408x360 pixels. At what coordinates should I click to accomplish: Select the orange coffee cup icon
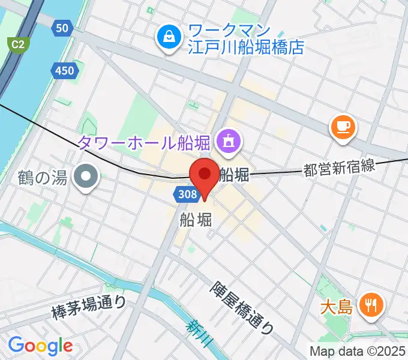pyautogui.click(x=343, y=127)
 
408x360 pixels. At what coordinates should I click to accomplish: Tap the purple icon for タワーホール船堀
pyautogui.click(x=227, y=142)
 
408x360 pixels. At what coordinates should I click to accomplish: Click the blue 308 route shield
pyautogui.click(x=186, y=193)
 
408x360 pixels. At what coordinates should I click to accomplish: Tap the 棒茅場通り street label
pyautogui.click(x=89, y=306)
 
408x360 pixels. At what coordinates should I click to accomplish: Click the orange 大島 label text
pyautogui.click(x=336, y=308)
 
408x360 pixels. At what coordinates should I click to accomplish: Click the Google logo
pyautogui.click(x=40, y=345)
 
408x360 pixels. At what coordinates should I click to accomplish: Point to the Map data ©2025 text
pyautogui.click(x=358, y=350)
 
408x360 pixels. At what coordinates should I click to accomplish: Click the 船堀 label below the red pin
pyautogui.click(x=196, y=220)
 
